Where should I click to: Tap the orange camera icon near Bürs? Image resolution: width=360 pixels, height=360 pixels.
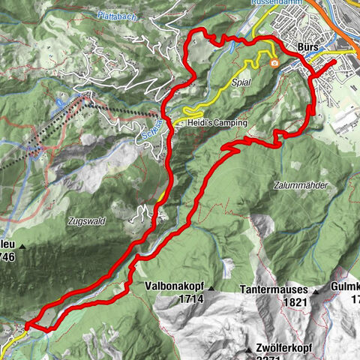[276, 63]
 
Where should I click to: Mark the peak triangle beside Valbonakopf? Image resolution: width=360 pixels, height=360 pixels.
[212, 288]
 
